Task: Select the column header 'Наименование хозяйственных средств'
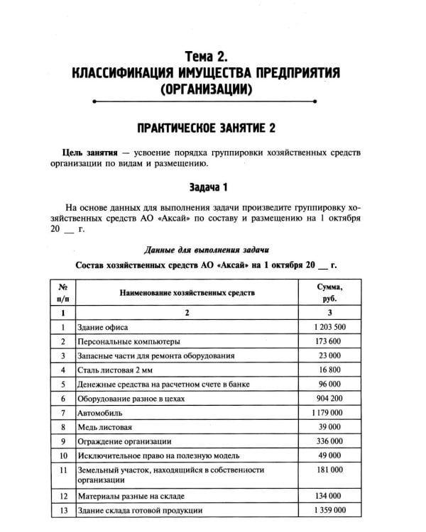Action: click(x=187, y=292)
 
